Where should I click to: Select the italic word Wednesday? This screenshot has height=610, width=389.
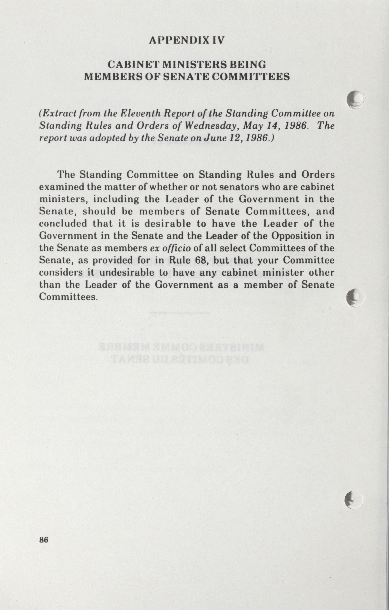pyautogui.click(x=211, y=126)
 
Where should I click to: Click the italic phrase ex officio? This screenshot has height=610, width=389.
pyautogui.click(x=170, y=248)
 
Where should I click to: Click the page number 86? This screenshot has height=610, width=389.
pyautogui.click(x=44, y=540)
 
